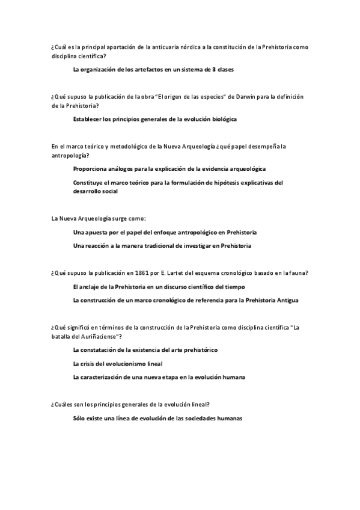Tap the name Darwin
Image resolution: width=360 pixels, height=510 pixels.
pos(231,96)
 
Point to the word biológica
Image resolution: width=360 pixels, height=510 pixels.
pos(221,119)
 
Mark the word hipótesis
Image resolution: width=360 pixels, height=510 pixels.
pos(222,182)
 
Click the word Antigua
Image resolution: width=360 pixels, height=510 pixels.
pos(285,300)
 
